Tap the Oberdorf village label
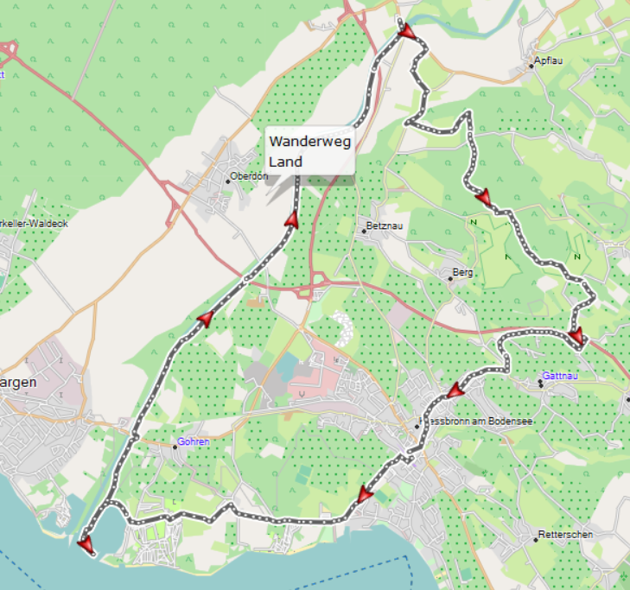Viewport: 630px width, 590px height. point(250,178)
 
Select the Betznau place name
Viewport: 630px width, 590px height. point(384,226)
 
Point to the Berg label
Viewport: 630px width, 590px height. point(464,273)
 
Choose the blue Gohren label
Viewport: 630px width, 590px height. point(193,441)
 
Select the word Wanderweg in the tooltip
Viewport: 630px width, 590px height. point(309,142)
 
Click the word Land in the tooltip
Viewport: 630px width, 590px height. point(285,162)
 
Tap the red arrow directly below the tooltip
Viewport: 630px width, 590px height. point(291,221)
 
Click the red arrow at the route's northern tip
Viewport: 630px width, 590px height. point(406,32)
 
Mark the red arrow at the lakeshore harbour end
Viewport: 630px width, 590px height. point(85,543)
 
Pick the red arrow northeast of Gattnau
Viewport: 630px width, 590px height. point(576,335)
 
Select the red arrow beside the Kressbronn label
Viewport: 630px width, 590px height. point(456,391)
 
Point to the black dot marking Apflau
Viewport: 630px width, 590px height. point(531,66)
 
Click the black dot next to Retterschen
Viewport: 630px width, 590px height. point(535,540)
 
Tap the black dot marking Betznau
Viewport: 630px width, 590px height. point(364,232)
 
